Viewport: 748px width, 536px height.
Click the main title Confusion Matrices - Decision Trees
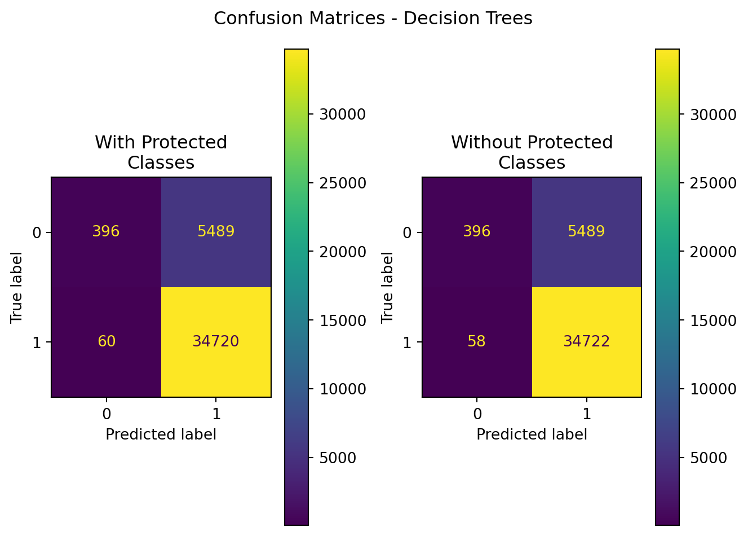373,19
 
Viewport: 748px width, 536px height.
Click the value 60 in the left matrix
106,341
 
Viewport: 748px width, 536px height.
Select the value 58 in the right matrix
476,341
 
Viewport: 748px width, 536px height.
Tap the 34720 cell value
216,341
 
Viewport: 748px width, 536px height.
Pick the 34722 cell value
586,341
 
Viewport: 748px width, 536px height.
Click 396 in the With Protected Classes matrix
106,231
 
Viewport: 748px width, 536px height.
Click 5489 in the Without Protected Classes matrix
586,231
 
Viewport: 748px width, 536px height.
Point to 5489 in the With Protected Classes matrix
216,231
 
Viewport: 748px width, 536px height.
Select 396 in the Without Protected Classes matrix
476,231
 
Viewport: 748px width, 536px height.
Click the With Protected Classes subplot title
161,152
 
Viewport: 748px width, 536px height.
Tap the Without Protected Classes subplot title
532,152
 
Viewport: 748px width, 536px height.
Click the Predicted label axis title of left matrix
161,434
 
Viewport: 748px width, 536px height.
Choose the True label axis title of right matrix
387,287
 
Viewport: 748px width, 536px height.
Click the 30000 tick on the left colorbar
342,115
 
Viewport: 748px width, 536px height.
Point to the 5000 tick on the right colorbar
709,458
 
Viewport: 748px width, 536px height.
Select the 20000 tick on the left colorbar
342,252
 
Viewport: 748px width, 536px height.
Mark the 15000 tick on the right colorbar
713,320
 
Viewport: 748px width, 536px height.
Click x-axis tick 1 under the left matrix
216,414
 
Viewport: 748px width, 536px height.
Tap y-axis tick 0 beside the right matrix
408,232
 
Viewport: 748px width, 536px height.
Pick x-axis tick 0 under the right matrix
477,414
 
